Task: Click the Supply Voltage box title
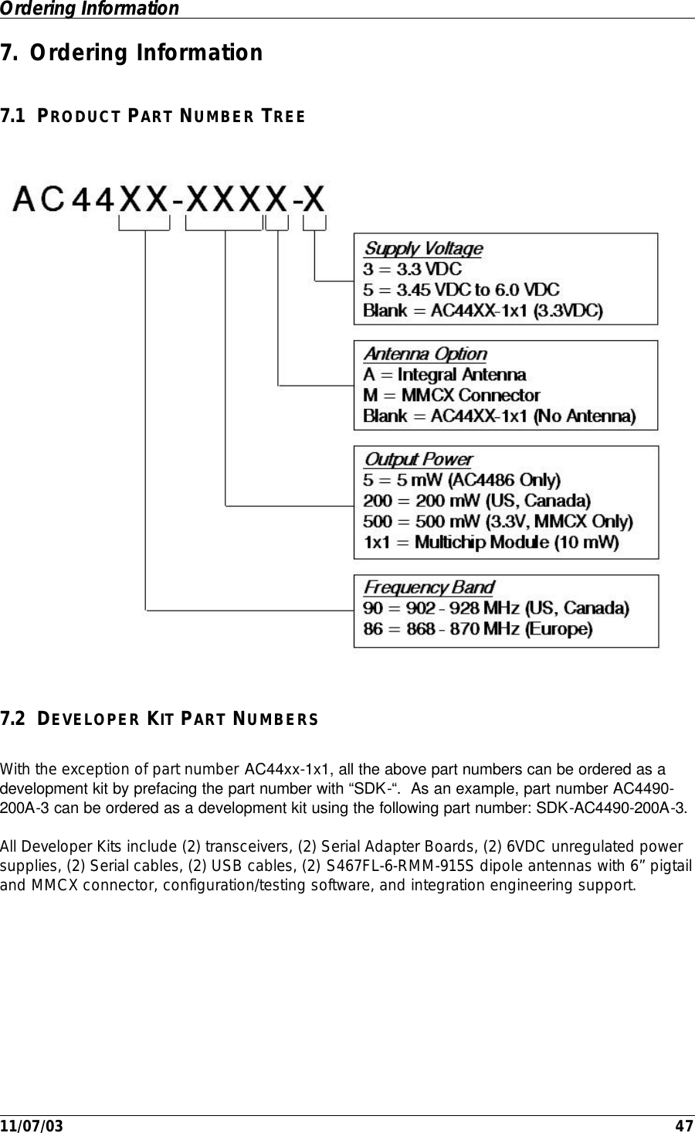(423, 249)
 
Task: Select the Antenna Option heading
(425, 354)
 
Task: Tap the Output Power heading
(418, 460)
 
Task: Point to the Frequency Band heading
(429, 587)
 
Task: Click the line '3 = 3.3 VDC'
(412, 270)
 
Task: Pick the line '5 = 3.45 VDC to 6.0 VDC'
(461, 291)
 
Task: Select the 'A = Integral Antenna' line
(445, 375)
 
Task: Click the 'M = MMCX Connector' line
(452, 396)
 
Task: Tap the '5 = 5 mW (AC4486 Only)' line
(462, 480)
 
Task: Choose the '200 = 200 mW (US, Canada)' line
(476, 501)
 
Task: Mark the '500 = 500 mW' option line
(497, 522)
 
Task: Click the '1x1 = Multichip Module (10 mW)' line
(491, 543)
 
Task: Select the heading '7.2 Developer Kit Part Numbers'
(158, 720)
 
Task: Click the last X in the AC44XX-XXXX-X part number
(314, 199)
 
